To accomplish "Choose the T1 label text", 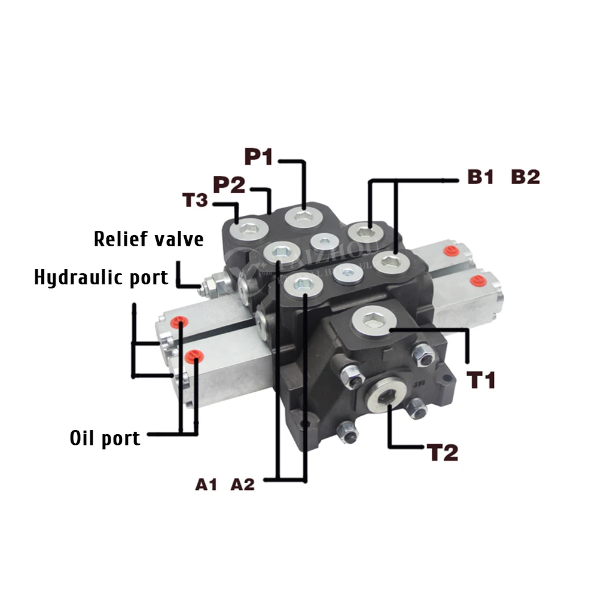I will click(x=482, y=380).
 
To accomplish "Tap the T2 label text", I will click(x=443, y=453).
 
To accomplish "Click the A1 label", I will click(x=206, y=484).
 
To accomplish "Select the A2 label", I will click(x=243, y=484).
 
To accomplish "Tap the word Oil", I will click(x=82, y=438).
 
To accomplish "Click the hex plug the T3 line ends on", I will click(x=245, y=229).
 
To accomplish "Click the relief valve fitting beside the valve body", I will click(x=213, y=282).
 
